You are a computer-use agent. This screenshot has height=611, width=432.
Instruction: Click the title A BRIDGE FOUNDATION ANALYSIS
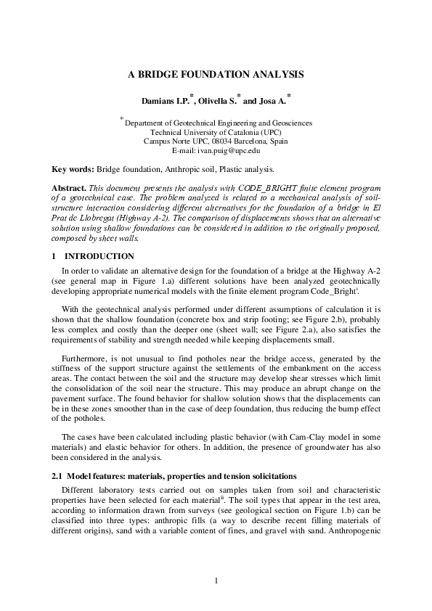click(x=216, y=74)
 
